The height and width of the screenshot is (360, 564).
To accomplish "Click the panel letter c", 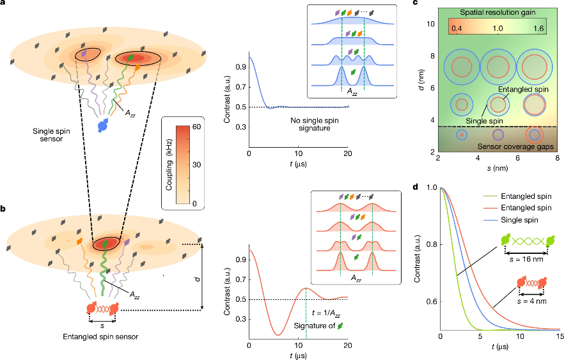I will pos(416,4).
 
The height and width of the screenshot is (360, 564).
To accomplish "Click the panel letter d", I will pos(416,187).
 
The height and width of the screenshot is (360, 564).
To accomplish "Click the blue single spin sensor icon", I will pos(103,126).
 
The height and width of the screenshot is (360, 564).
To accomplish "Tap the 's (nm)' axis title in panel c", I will pos(496,167).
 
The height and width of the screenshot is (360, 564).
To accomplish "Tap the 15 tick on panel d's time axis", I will pos(558,336).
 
